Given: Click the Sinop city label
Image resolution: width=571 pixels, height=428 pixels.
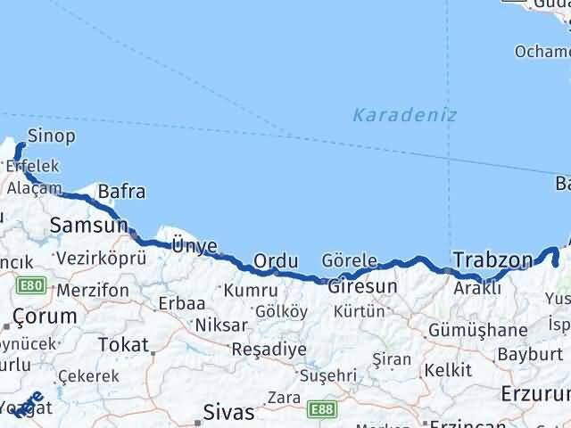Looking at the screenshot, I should coord(51,136).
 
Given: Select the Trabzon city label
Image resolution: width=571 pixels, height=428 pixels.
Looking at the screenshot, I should coord(492,260).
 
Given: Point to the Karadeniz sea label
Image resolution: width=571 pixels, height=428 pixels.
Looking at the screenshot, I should coord(404,115).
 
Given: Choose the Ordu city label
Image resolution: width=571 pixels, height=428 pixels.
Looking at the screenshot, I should coord(275,260).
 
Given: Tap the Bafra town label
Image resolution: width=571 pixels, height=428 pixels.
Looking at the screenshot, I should coord(121,191).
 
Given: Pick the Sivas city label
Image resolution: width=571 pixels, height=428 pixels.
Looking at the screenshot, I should coord(229,413).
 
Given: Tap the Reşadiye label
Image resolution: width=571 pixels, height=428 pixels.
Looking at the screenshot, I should coord(269,349).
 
